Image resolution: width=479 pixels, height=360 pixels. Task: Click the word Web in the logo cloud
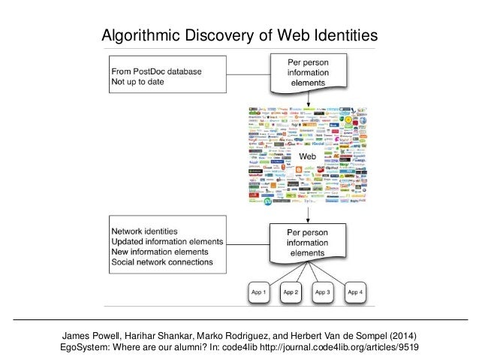click(307, 156)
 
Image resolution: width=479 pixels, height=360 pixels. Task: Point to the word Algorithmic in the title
click(138, 35)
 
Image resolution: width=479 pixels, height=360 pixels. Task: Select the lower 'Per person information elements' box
click(307, 243)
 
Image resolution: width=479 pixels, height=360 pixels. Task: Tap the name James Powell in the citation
click(93, 334)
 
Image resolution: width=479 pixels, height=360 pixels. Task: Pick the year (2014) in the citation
click(402, 334)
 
